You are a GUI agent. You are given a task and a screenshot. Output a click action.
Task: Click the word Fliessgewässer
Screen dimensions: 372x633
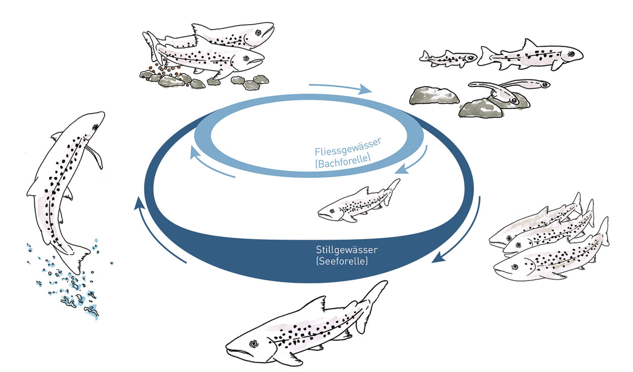click(348, 147)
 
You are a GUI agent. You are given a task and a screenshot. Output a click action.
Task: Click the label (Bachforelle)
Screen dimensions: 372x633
click(343, 161)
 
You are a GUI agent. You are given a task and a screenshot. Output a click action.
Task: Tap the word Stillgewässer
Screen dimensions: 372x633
click(347, 250)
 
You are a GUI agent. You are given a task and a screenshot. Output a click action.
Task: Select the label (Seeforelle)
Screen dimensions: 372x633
click(342, 261)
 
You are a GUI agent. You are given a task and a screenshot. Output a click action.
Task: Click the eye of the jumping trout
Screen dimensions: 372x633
click(95, 127)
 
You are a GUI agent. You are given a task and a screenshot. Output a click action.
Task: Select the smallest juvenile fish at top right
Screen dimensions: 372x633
click(448, 58)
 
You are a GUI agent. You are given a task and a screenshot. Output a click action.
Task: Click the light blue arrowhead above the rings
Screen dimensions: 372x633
click(365, 89)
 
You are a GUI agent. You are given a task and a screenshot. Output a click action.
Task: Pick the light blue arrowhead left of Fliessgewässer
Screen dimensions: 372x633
click(194, 152)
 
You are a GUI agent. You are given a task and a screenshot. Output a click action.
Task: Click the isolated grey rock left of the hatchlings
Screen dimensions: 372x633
click(434, 96)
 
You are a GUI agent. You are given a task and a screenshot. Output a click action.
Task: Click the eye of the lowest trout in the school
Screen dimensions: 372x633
click(515, 267)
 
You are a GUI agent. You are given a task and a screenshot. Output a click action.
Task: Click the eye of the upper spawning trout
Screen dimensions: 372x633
click(258, 33)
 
